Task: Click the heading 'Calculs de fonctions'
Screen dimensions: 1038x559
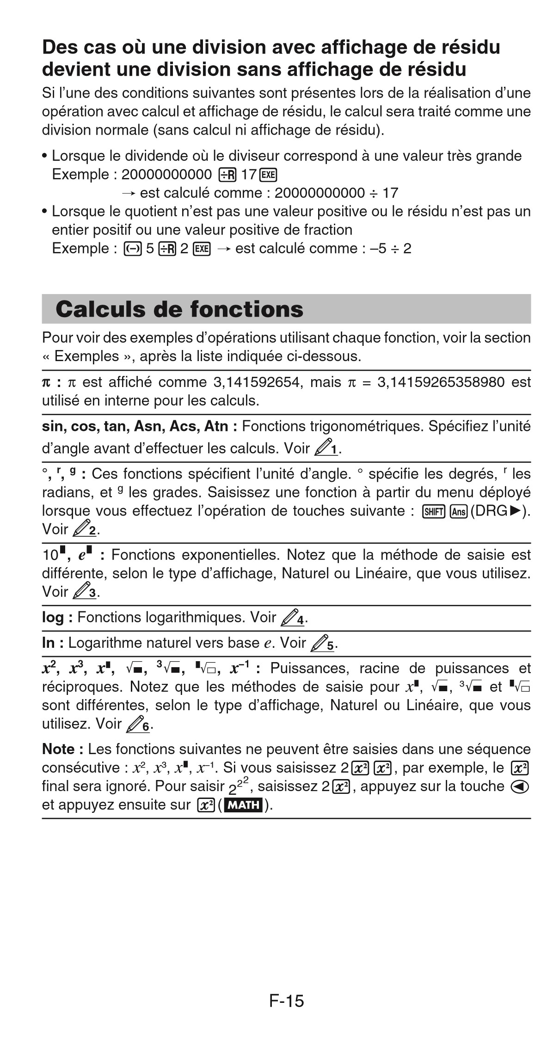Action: coord(179,309)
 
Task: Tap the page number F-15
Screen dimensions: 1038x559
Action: coord(286,1001)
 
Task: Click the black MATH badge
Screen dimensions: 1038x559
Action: coord(244,805)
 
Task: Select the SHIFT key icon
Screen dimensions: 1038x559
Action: coord(433,511)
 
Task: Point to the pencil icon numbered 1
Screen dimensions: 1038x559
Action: coord(327,447)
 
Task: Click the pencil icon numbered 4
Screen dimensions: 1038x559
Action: coord(293,618)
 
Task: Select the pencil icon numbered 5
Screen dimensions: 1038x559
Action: coord(322,643)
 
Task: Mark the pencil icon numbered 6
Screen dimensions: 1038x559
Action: coord(138,723)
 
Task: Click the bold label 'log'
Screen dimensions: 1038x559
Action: coord(52,618)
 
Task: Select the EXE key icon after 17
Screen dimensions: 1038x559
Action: coord(268,175)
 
